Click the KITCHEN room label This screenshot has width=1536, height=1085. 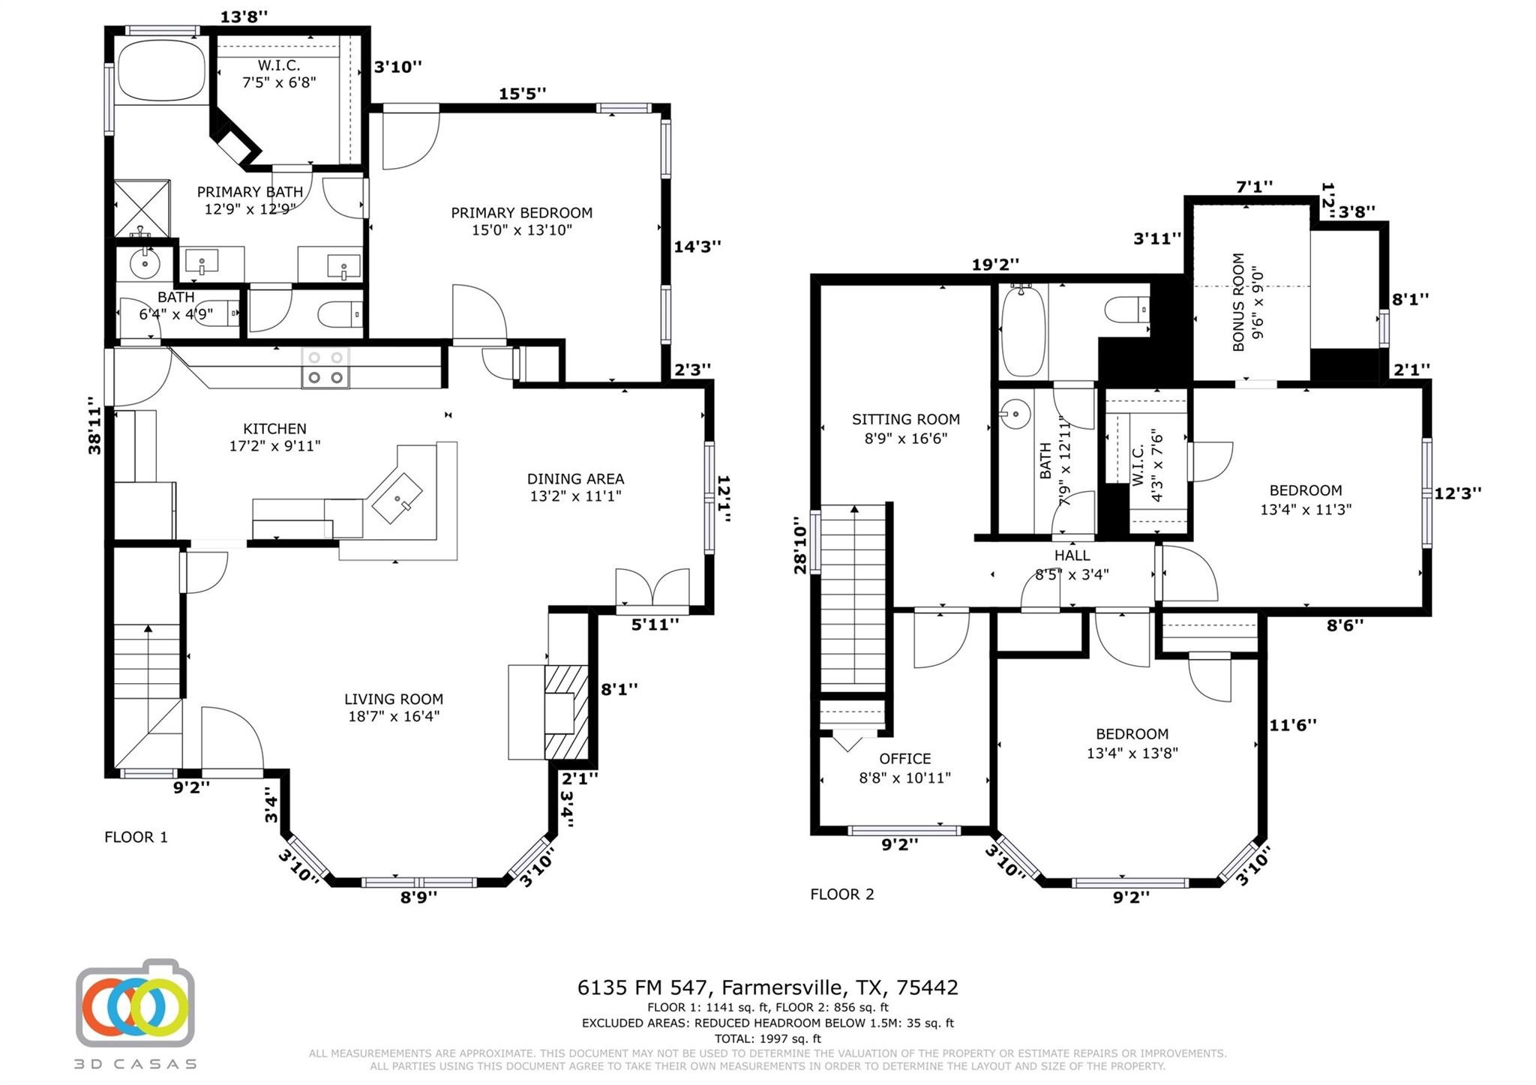pyautogui.click(x=274, y=429)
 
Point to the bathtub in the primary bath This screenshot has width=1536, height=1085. pyautogui.click(x=162, y=70)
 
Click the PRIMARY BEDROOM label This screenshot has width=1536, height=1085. pyautogui.click(x=521, y=213)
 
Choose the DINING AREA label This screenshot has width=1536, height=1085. pyautogui.click(x=575, y=479)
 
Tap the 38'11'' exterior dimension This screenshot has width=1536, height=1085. pyautogui.click(x=94, y=426)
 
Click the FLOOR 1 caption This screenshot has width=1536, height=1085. pyautogui.click(x=136, y=837)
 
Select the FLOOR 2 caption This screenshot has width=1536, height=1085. pyautogui.click(x=842, y=894)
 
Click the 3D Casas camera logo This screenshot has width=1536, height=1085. pyautogui.click(x=136, y=1003)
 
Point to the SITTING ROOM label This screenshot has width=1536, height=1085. pyautogui.click(x=906, y=420)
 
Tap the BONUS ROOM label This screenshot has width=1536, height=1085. pyautogui.click(x=1238, y=302)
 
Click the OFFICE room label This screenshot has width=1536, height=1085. pyautogui.click(x=905, y=759)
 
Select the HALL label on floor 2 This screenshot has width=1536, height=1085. pyautogui.click(x=1072, y=556)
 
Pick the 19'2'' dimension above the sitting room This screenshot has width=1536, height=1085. pyautogui.click(x=995, y=265)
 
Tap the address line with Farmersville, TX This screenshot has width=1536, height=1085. pyautogui.click(x=767, y=988)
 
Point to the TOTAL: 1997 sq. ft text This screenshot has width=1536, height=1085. pyautogui.click(x=767, y=1039)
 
